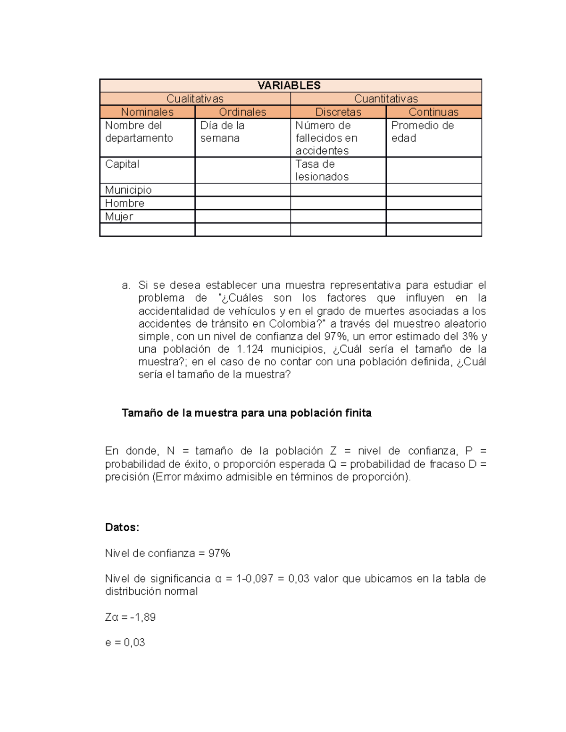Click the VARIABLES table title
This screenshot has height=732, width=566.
(289, 85)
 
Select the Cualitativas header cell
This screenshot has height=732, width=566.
(195, 99)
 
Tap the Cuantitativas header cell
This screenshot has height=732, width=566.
(386, 99)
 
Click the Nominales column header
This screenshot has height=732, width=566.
(147, 112)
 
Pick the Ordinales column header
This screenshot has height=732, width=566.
(242, 112)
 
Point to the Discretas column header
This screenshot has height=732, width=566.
(338, 112)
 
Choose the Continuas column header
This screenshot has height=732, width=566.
(433, 112)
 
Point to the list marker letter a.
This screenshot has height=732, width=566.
(125, 285)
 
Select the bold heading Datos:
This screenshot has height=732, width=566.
(122, 527)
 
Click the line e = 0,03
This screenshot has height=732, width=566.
(125, 642)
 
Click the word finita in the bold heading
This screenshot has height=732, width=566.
(358, 413)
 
